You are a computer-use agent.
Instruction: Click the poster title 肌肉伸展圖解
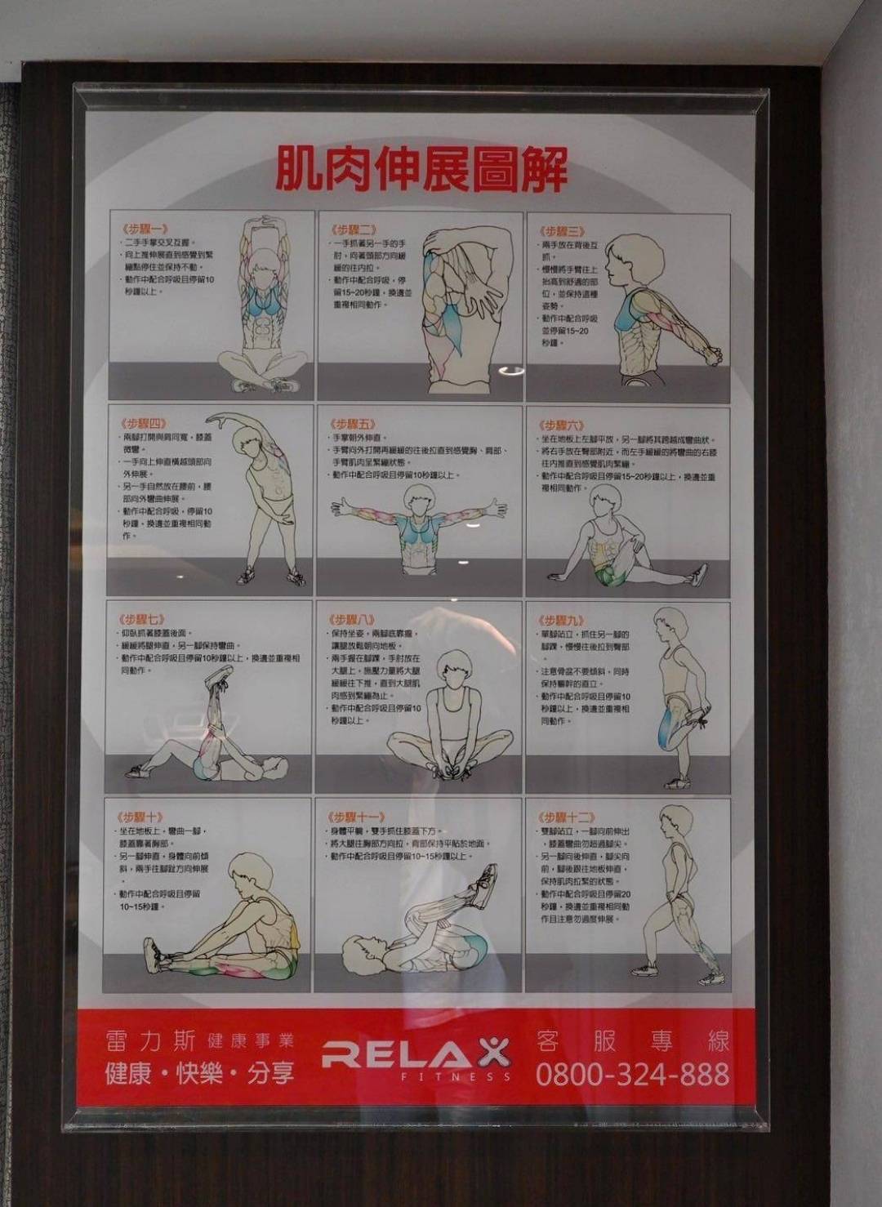coord(421,169)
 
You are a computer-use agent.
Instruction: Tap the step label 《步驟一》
coord(145,229)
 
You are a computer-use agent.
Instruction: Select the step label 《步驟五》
coord(353,425)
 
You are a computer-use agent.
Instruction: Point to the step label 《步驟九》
coord(561,621)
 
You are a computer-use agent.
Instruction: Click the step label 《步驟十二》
coord(566,817)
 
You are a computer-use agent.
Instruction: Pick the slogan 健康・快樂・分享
coord(199,1073)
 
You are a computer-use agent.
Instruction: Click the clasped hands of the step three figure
coord(712,356)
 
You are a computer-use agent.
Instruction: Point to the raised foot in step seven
coord(219,677)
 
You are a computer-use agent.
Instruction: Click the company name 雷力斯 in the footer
coord(151,1041)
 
